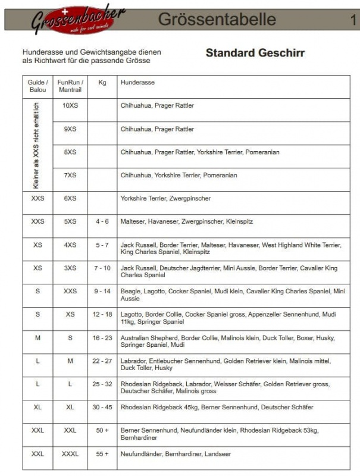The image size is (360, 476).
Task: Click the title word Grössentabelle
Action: coord(217,20)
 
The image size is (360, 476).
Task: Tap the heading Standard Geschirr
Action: coord(255,53)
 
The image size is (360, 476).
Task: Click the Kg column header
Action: coord(102,82)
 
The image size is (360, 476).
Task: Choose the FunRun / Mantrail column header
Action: coord(70,86)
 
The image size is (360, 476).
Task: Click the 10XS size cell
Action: coord(70,105)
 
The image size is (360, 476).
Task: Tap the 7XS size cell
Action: coord(70,176)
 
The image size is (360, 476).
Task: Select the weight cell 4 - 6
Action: coord(102,221)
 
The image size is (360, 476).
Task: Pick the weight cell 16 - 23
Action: coord(102,337)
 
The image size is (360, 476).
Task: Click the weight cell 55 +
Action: coord(102,453)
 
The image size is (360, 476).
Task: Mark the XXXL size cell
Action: coord(70,453)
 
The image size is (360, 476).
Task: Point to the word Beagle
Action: coord(130,291)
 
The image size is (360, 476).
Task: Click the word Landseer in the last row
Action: coord(218,453)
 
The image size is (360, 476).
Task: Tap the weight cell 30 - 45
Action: coord(102,407)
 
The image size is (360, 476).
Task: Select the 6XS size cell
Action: coord(70,198)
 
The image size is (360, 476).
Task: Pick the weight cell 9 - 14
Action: coord(102,291)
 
